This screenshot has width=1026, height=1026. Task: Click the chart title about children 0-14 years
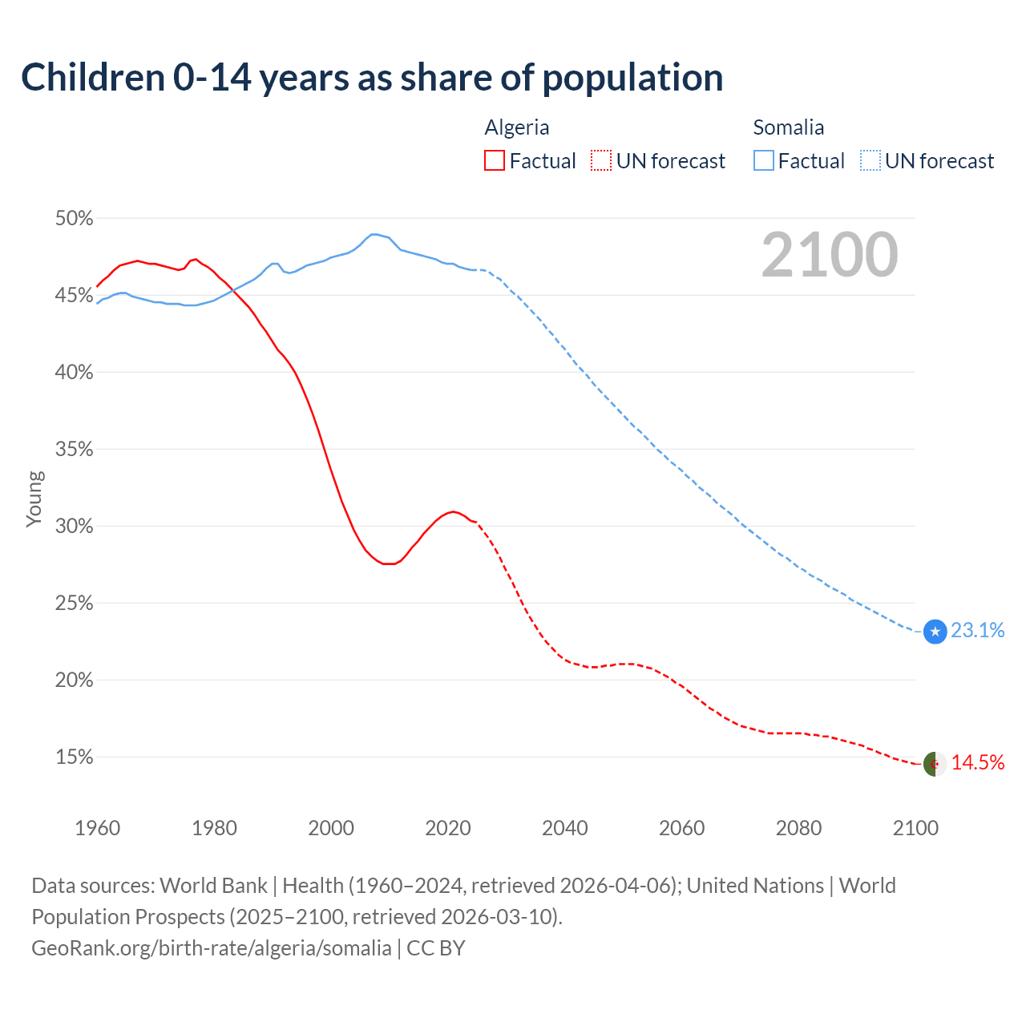[372, 78]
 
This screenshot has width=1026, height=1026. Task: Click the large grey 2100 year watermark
[830, 255]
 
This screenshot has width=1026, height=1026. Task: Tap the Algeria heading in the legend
[517, 127]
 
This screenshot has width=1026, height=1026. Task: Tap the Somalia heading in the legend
[788, 127]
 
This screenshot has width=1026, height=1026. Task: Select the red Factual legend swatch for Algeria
[495, 161]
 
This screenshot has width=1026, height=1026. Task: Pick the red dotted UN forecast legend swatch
[601, 161]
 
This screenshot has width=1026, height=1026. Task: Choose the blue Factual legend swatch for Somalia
[764, 161]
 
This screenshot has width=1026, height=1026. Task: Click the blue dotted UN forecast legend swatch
[870, 161]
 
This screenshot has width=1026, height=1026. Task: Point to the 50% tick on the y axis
[74, 219]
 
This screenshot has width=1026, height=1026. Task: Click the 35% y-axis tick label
[74, 450]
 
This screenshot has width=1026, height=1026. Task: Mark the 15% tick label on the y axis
[74, 757]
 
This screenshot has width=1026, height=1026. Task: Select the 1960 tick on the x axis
[97, 828]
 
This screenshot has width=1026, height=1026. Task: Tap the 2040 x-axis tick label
[565, 828]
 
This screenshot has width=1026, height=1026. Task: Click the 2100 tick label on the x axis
[915, 828]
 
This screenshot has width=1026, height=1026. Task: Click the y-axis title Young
[34, 499]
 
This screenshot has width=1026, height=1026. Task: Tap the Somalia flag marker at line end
[935, 632]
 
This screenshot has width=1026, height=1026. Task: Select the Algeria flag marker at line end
[935, 764]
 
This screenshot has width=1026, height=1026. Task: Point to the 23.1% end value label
[978, 631]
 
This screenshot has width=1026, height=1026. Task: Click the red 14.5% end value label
[978, 763]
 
